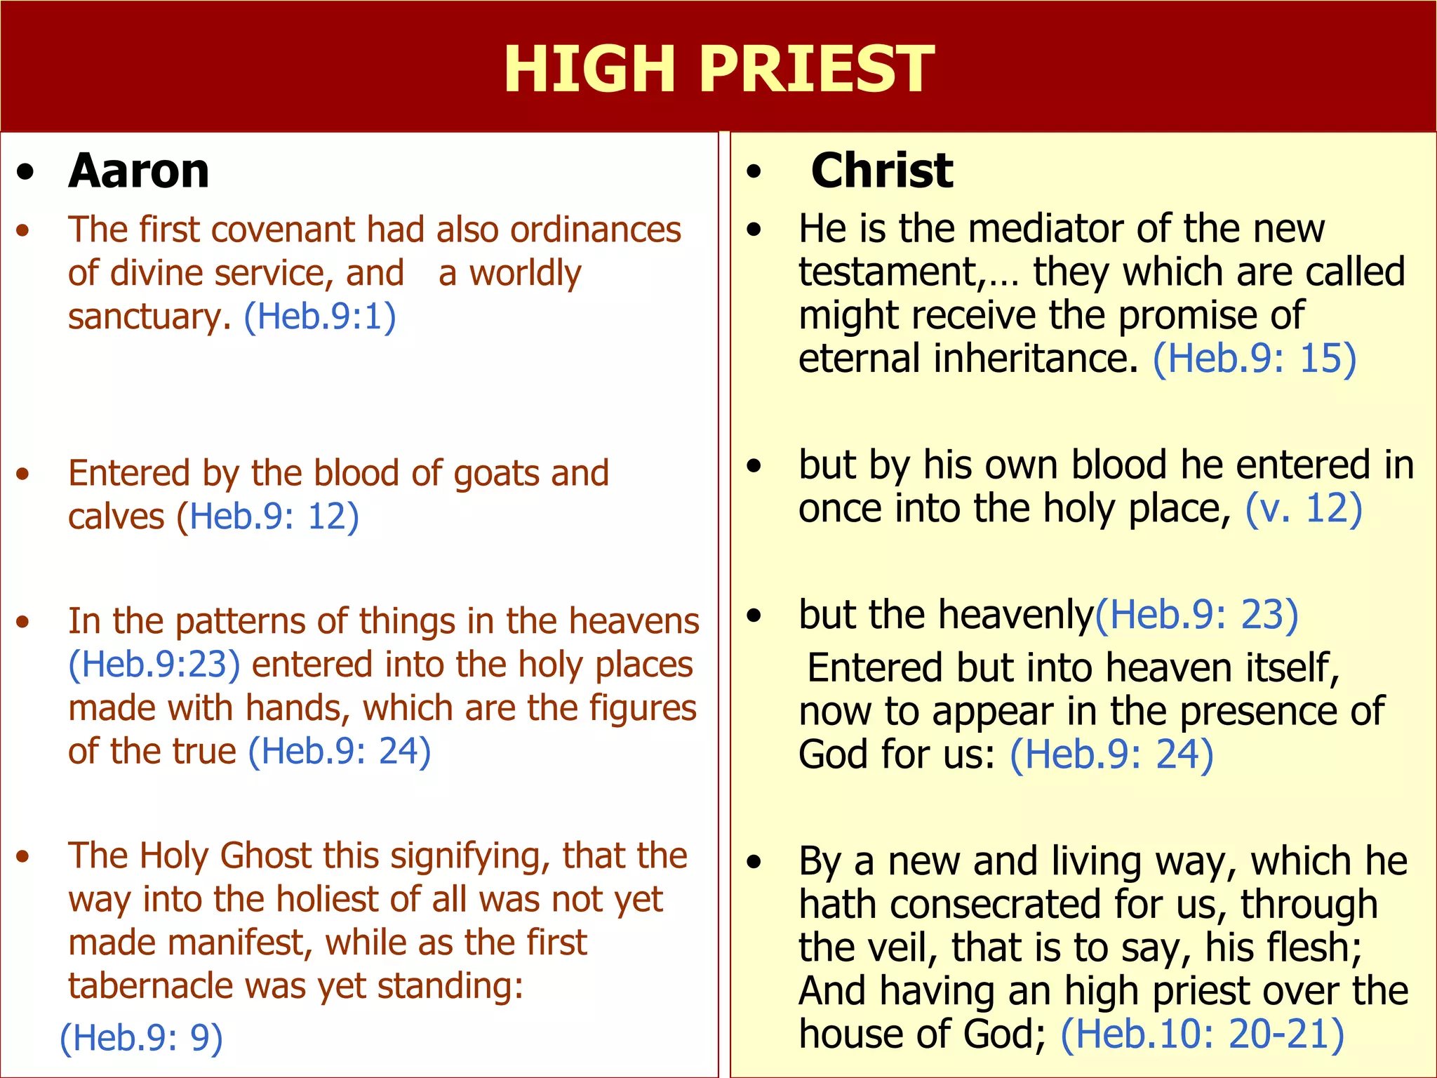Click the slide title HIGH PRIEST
(x=718, y=69)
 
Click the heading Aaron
(x=139, y=171)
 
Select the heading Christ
(x=882, y=171)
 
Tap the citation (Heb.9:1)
(x=320, y=317)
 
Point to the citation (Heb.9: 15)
(x=1255, y=359)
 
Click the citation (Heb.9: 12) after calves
(x=268, y=517)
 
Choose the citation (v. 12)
(x=1304, y=509)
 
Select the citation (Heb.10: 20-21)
(x=1202, y=1034)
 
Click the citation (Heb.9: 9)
(x=141, y=1037)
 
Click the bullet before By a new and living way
(x=754, y=863)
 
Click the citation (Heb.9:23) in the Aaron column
(x=154, y=665)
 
